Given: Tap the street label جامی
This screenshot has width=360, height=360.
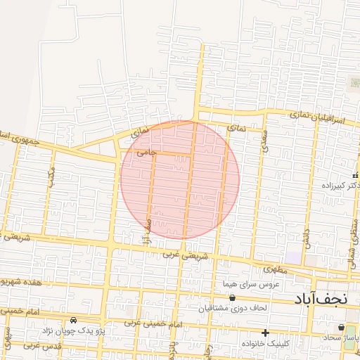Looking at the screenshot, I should click(x=146, y=151).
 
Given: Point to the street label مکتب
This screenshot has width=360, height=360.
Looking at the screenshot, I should click(x=51, y=178).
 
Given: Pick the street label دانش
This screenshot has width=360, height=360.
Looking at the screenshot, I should click(x=307, y=236).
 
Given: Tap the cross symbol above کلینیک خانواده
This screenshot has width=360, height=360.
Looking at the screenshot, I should click(x=264, y=333).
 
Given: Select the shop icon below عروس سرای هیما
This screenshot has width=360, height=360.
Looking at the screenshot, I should click(x=233, y=297).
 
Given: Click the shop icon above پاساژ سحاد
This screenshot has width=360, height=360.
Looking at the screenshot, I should click(x=341, y=327).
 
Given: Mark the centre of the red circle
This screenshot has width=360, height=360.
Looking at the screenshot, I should click(x=180, y=179).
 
